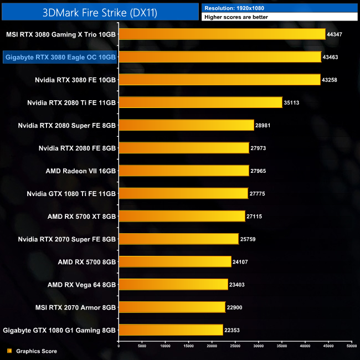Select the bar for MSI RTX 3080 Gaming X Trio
pos(222,34)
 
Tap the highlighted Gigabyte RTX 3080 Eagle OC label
pos(60,57)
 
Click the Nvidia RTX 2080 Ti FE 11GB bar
pos(200,102)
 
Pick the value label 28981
pos(263,126)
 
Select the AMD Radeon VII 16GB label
pos(81,171)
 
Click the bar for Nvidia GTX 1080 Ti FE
pos(183,193)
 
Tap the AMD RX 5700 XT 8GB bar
pos(181,216)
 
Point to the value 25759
pos(248,239)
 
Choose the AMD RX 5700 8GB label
pos(86,261)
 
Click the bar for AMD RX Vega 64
pos(173,284)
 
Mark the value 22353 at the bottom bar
pos(232,330)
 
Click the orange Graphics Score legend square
pos(9,351)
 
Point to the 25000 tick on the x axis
pos(235,346)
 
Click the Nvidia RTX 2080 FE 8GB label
pos(77,148)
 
